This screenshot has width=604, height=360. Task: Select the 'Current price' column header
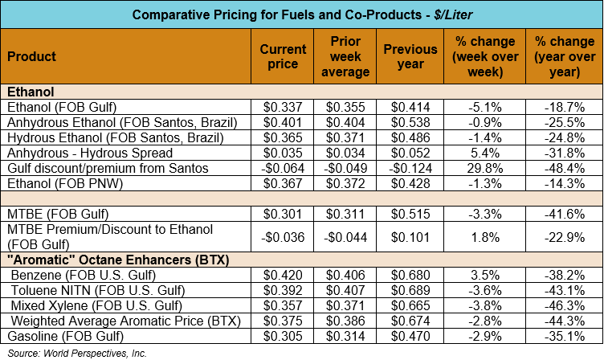(x=283, y=57)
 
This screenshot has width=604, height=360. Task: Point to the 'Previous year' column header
(x=410, y=57)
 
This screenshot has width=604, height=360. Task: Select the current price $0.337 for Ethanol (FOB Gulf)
(x=283, y=107)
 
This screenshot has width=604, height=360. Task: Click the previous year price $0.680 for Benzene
(x=410, y=275)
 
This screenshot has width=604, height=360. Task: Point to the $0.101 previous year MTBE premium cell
(x=410, y=237)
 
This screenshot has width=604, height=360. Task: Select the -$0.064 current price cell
(x=283, y=168)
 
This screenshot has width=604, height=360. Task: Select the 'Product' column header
(x=31, y=57)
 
